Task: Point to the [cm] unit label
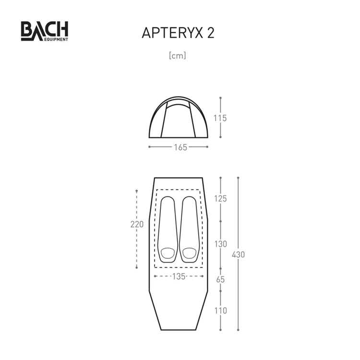click(x=178, y=56)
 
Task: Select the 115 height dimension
click(x=220, y=118)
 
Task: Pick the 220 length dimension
click(x=137, y=224)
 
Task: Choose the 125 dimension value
click(x=220, y=199)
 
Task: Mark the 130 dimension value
click(x=220, y=244)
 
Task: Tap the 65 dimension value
click(x=220, y=279)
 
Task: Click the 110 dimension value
click(x=220, y=311)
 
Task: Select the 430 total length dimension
click(x=238, y=254)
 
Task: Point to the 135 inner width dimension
click(x=179, y=276)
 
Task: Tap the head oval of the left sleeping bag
click(x=168, y=252)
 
